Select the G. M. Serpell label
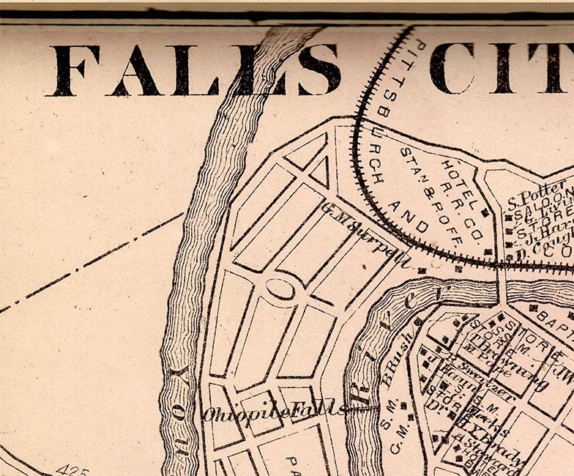pos(363,234)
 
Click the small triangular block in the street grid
pos(320,171)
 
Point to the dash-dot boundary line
pos(88,264)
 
